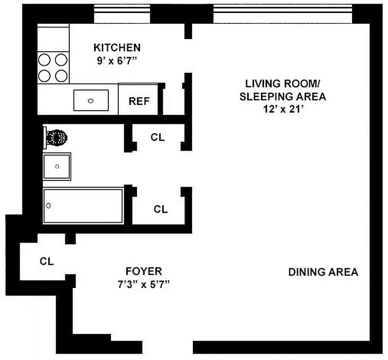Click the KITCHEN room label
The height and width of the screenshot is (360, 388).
[117, 47]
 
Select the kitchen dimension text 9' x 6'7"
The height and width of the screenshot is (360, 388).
[116, 61]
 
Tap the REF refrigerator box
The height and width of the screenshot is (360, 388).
[139, 100]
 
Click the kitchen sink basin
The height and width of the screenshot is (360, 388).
[91, 100]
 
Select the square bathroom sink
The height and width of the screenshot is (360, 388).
[57, 166]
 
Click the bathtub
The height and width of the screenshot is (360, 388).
[83, 206]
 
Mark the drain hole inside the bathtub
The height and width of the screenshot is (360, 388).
[49, 206]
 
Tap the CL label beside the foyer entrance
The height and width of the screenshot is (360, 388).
[47, 261]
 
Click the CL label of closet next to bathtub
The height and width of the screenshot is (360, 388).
[161, 209]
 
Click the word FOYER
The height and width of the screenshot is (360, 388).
[143, 271]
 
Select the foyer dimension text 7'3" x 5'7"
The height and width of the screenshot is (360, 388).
[143, 285]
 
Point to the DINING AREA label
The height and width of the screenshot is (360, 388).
[323, 272]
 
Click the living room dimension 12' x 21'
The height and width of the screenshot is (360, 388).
[282, 109]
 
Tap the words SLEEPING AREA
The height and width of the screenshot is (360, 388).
[282, 96]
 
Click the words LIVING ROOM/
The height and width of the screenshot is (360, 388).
[282, 84]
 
